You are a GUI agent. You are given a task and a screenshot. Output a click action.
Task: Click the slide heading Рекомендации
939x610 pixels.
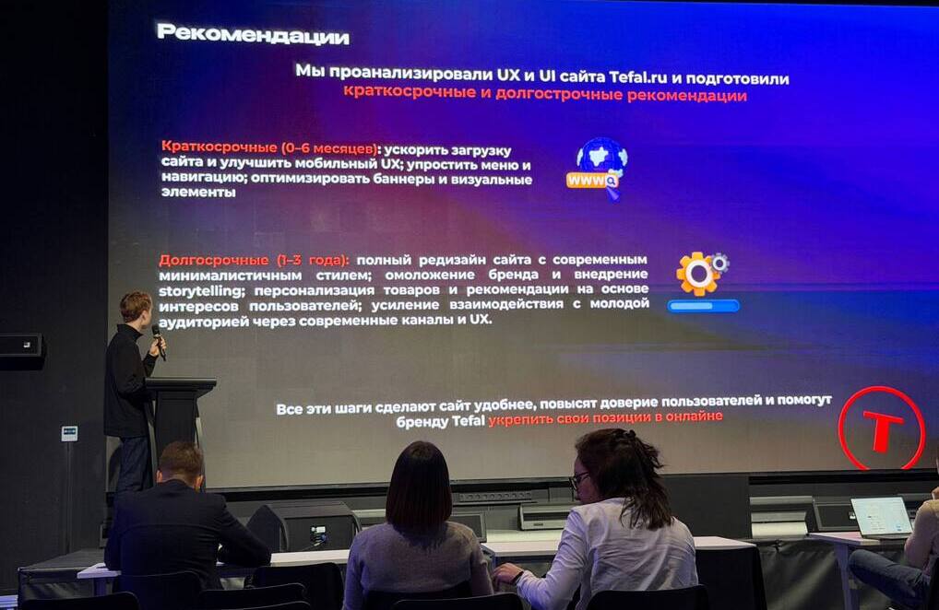tap(253, 34)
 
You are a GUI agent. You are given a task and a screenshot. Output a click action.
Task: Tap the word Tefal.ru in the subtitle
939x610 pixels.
tap(637, 77)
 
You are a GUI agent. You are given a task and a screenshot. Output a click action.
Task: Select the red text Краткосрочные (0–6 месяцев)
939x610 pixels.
tap(270, 147)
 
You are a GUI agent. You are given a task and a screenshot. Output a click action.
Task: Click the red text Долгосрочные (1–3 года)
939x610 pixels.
tap(254, 260)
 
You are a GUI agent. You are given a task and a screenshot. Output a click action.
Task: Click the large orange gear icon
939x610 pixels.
tap(698, 274)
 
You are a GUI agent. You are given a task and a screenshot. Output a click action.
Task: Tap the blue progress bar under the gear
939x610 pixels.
tap(704, 306)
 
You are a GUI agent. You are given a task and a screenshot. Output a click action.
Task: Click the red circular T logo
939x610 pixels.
tap(881, 428)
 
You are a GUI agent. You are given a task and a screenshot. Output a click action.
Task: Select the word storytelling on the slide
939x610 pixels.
tap(201, 291)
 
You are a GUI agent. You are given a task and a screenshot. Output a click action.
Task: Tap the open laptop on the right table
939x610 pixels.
tap(882, 517)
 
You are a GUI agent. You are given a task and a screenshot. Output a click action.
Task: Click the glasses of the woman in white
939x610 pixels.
tap(578, 479)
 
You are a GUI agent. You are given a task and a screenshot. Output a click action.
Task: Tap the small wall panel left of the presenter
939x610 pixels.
tap(69, 433)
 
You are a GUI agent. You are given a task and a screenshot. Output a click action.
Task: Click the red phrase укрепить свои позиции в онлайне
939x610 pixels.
tap(605, 417)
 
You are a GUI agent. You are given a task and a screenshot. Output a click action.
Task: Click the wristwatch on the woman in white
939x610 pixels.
tap(518, 577)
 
